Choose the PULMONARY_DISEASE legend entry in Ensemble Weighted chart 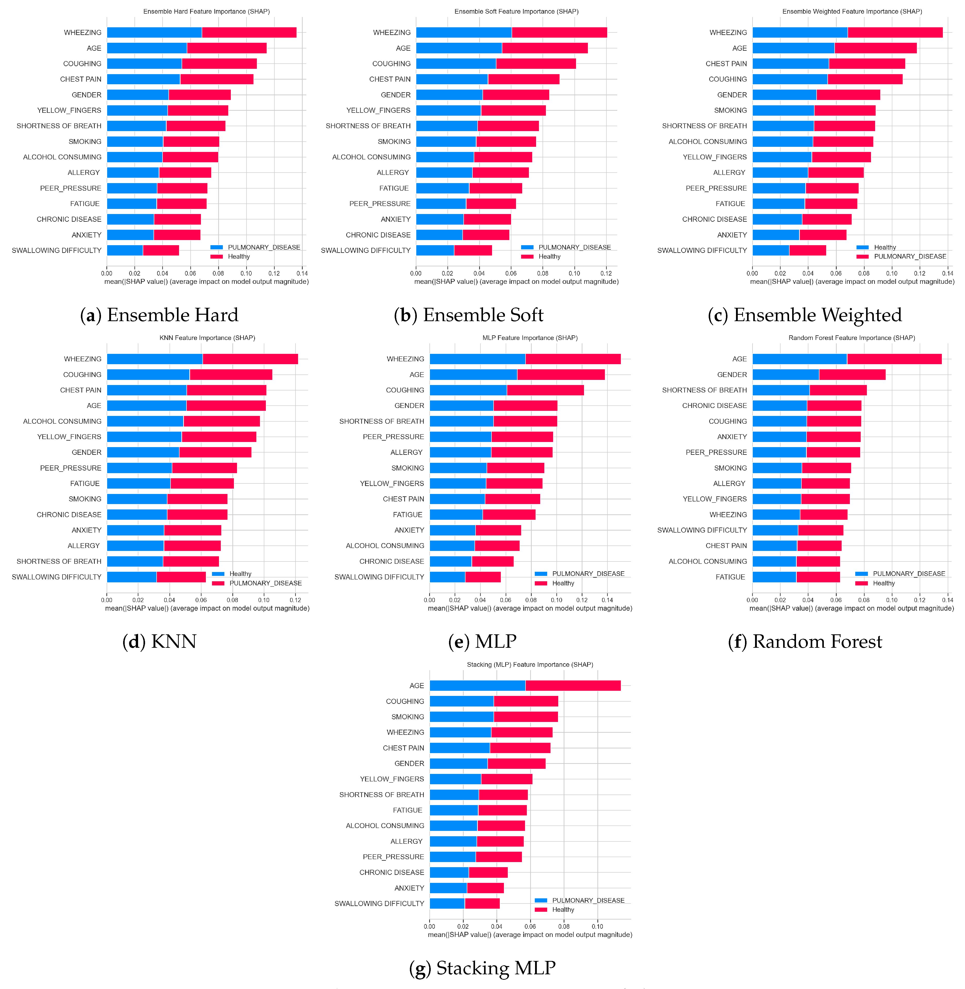click(910, 256)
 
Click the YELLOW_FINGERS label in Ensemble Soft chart click(378, 110)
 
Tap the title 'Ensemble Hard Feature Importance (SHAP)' click(206, 11)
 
